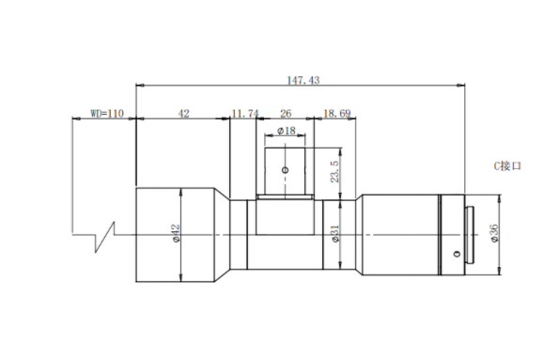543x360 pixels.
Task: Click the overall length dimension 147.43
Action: tap(303, 81)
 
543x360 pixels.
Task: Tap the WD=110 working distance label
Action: tap(107, 114)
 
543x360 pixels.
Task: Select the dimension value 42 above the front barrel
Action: tap(183, 114)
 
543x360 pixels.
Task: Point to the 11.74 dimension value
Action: tap(245, 114)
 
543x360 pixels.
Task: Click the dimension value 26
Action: tap(286, 114)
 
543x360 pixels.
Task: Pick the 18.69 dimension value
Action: tap(337, 114)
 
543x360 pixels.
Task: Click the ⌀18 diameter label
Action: tap(287, 131)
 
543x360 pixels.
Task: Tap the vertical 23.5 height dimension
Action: tap(334, 171)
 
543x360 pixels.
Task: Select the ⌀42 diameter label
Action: tap(176, 233)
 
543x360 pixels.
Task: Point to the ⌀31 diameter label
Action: tap(334, 233)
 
